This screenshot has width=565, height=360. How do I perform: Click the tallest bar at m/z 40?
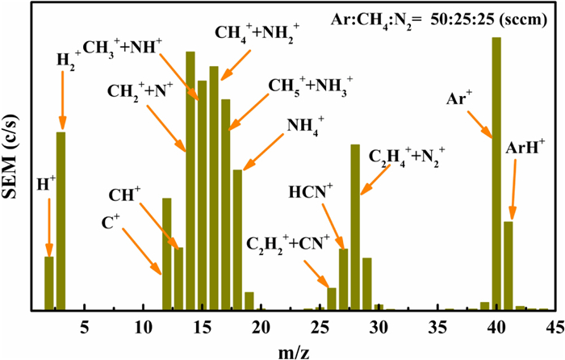pyautogui.click(x=496, y=174)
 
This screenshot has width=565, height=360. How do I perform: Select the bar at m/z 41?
pyautogui.click(x=508, y=266)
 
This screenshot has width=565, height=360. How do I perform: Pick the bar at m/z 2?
pyautogui.click(x=48, y=283)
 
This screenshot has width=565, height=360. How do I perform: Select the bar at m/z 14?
pyautogui.click(x=190, y=181)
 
